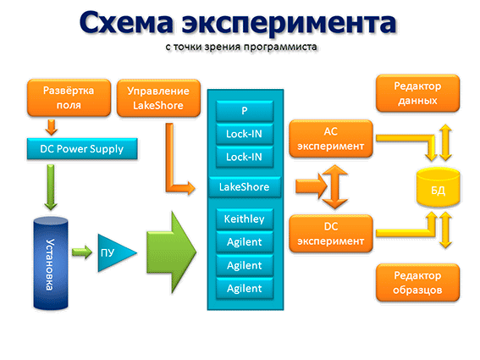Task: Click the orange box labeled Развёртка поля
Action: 69,97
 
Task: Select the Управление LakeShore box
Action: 158,98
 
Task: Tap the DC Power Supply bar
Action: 82,149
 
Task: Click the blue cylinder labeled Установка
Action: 51,263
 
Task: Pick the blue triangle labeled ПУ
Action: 114,253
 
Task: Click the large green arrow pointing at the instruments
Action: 171,252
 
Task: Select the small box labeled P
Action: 245,111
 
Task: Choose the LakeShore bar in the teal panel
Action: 245,187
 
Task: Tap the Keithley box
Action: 245,219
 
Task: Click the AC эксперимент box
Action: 331,139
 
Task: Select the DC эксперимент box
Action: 331,234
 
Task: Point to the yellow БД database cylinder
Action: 438,187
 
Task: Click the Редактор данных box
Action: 418,93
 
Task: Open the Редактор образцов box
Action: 418,282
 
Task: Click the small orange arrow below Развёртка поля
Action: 52,127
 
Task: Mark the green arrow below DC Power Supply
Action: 51,187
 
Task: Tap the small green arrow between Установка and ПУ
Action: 82,252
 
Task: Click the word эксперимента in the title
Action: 289,23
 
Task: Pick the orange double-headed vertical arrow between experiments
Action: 335,186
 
